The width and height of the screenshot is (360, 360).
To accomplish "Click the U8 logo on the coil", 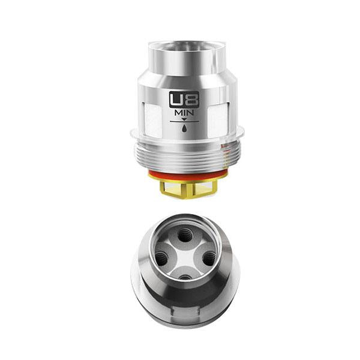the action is click(x=184, y=100).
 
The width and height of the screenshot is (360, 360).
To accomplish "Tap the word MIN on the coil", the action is click(x=184, y=113).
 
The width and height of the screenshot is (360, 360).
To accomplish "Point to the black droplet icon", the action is click(x=184, y=128).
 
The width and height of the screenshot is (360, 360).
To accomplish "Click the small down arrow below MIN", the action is click(x=184, y=119).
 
